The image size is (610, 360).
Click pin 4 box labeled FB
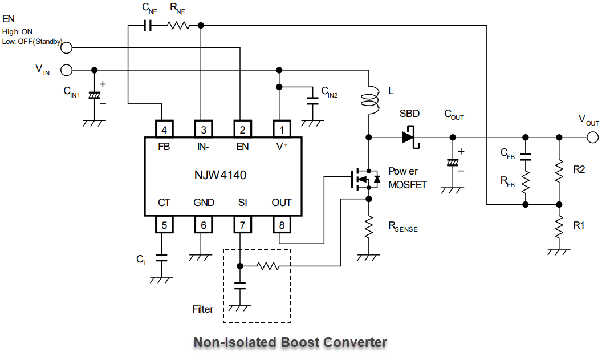tap(164, 129)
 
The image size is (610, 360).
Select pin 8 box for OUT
tap(281, 225)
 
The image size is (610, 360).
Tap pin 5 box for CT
tap(164, 225)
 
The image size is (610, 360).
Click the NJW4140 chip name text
tap(220, 175)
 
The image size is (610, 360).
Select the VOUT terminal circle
tap(592, 137)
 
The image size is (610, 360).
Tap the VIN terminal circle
tap(66, 70)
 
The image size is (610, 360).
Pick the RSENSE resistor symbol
tap(369, 226)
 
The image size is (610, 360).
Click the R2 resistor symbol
tap(559, 170)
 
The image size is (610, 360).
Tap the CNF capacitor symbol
tap(148, 25)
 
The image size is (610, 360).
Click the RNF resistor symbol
tap(178, 25)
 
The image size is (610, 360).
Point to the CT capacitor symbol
tap(161, 258)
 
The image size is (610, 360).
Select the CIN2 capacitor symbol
tap(312, 101)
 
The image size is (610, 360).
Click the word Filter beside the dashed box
tap(203, 309)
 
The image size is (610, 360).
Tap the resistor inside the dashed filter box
tap(267, 266)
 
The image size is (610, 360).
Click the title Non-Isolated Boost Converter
tap(290, 342)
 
